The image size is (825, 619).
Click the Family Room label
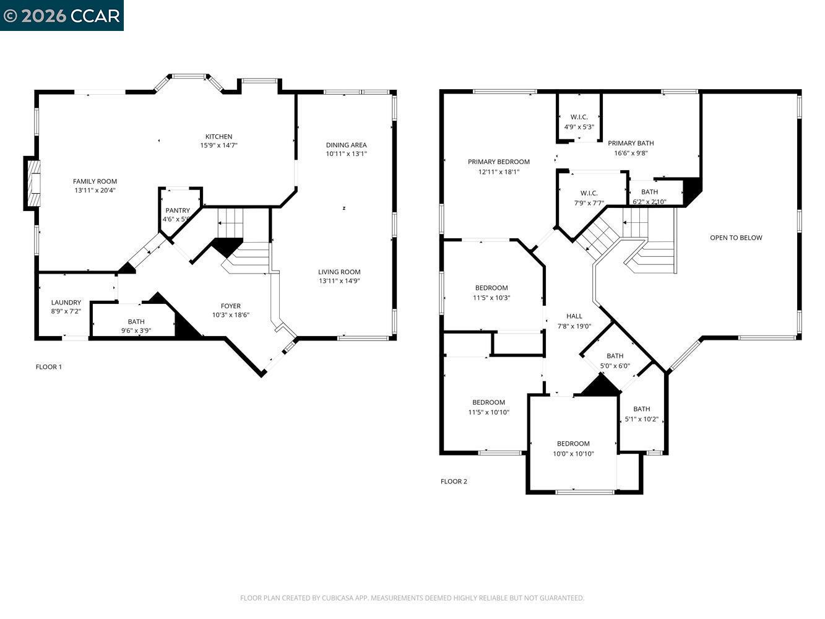[x=95, y=181]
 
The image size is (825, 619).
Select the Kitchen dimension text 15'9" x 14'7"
[x=218, y=145]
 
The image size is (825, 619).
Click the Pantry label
[x=178, y=210]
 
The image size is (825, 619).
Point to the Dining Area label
[x=346, y=145]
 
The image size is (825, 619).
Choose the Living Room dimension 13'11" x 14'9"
[x=339, y=280]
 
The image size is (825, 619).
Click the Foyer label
[x=231, y=306]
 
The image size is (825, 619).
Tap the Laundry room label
[x=66, y=303]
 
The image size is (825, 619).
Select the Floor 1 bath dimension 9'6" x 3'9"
[x=136, y=331]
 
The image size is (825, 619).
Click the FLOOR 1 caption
[x=49, y=367]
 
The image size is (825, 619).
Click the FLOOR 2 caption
[x=454, y=482]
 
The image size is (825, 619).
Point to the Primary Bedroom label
[x=499, y=162]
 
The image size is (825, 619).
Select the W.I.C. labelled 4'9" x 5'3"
[x=579, y=122]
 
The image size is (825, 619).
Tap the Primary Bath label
[x=631, y=143]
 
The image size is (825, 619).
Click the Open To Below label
[x=736, y=238]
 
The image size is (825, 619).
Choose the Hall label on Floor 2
[x=574, y=316]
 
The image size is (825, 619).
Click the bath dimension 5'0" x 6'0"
[x=615, y=366]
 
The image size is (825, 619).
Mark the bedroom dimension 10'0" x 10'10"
[x=573, y=454]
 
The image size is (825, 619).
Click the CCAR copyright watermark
[x=61, y=15]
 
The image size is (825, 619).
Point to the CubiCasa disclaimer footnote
[x=412, y=598]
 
